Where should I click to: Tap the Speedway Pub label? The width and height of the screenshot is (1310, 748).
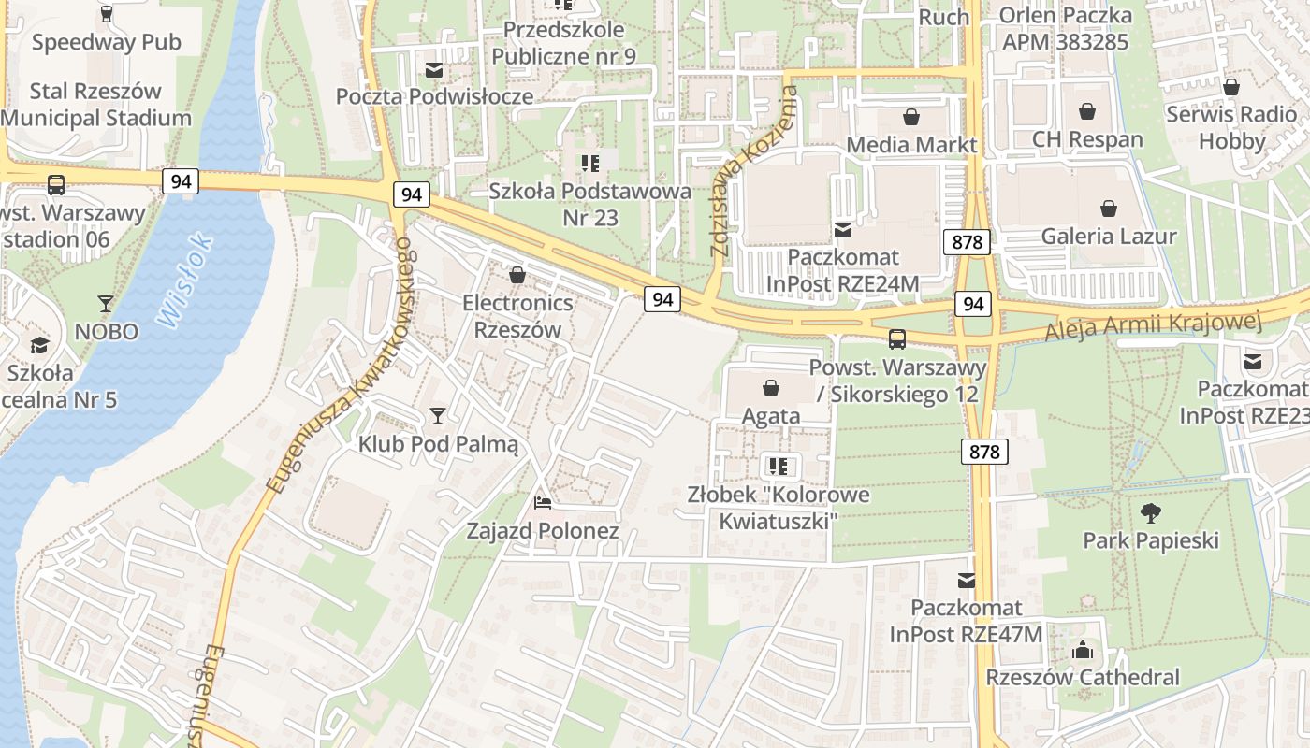[x=106, y=42]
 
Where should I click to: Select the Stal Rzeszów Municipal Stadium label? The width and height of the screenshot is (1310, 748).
[x=95, y=105]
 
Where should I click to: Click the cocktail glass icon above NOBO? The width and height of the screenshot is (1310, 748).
[x=106, y=304]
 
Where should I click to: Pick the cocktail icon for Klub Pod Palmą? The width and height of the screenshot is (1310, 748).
[x=437, y=415]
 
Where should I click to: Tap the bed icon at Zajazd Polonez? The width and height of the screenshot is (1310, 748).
[x=542, y=503]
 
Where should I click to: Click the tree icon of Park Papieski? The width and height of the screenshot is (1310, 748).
[x=1150, y=512]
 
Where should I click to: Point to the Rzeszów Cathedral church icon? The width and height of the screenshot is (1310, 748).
[x=1083, y=649]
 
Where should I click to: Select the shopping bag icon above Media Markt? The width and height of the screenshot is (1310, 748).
[x=910, y=117]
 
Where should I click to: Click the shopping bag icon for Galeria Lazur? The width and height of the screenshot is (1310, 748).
[x=1108, y=208]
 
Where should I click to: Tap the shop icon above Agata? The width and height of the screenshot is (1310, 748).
[x=771, y=387]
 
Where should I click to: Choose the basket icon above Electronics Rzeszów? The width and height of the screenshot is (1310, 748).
[x=517, y=275]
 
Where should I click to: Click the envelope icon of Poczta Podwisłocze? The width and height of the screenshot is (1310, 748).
[x=434, y=69]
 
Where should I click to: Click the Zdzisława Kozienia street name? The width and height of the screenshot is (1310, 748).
[x=754, y=172]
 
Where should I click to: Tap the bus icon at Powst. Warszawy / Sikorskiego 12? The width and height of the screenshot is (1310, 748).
[x=896, y=338]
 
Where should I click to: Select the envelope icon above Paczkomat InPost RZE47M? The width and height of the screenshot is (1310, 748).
[x=966, y=581]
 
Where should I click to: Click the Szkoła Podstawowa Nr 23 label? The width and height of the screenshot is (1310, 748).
[x=589, y=204]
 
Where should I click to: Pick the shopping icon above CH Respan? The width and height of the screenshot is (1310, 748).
[x=1086, y=112]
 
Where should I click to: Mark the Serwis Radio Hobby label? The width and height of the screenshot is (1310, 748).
[x=1230, y=128]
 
